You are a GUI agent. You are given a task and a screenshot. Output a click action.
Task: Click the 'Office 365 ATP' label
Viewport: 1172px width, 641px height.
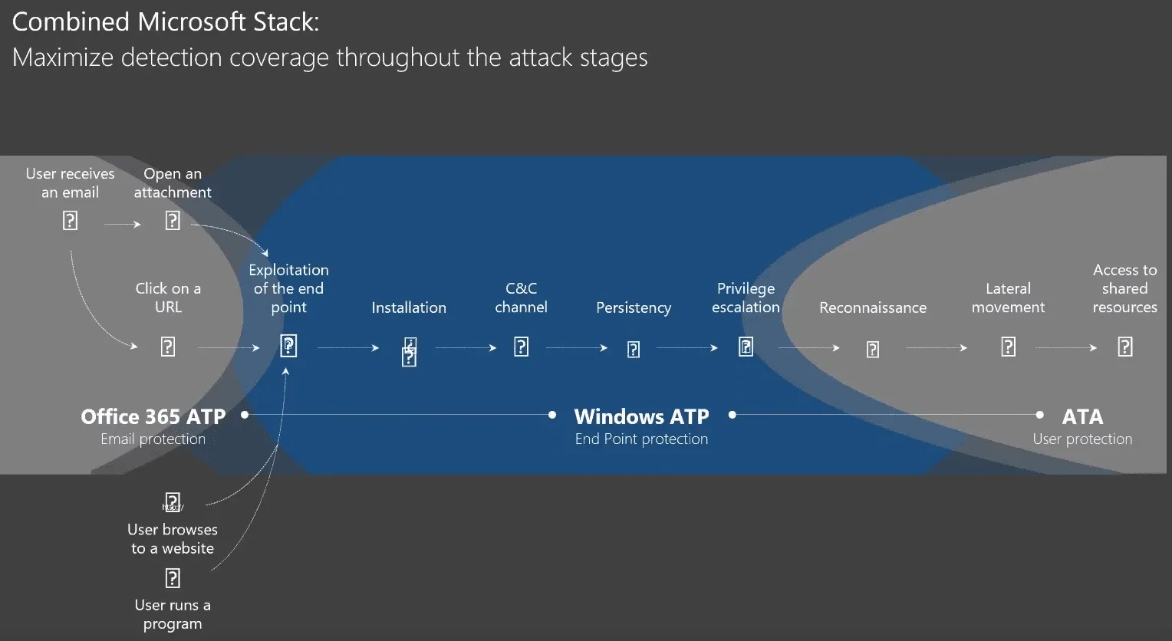pyautogui.click(x=153, y=416)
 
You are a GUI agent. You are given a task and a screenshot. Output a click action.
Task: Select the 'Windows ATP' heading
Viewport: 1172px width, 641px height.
pyautogui.click(x=641, y=416)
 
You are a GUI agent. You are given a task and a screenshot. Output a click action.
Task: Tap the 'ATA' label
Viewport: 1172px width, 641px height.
pyautogui.click(x=1082, y=416)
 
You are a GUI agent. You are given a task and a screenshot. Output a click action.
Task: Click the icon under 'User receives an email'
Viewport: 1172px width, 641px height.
pyautogui.click(x=70, y=221)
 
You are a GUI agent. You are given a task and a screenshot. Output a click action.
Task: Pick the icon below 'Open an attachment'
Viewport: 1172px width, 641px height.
pyautogui.click(x=173, y=221)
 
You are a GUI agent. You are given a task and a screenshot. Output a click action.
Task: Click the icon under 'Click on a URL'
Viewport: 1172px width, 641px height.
pyautogui.click(x=168, y=347)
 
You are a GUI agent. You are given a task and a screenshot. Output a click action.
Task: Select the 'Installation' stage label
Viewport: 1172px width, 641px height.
pyautogui.click(x=409, y=307)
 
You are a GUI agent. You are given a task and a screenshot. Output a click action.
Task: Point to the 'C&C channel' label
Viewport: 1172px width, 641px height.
pyautogui.click(x=521, y=297)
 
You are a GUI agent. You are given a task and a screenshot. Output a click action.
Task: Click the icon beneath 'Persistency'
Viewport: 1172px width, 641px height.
pyautogui.click(x=634, y=350)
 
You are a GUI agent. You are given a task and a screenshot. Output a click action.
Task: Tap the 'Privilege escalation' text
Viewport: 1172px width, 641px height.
pyautogui.click(x=746, y=297)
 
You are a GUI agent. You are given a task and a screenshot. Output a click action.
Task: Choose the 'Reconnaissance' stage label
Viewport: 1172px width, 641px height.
pyautogui.click(x=873, y=307)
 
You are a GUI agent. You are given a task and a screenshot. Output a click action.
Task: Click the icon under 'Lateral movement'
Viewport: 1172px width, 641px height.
pyautogui.click(x=1009, y=347)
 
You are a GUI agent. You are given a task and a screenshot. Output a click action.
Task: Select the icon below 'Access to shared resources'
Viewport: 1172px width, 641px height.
pyautogui.click(x=1125, y=347)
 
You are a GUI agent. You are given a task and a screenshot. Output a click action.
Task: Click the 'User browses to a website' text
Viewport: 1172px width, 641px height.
pyautogui.click(x=173, y=539)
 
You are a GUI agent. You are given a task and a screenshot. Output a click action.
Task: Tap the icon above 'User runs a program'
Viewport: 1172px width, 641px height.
pyautogui.click(x=173, y=577)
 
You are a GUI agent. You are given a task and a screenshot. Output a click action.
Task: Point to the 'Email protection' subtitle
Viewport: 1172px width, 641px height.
pyautogui.click(x=153, y=439)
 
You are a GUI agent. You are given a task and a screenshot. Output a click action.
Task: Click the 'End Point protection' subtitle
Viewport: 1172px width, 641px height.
pyautogui.click(x=641, y=439)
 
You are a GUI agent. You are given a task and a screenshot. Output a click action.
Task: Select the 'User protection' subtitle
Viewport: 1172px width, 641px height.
pyautogui.click(x=1082, y=439)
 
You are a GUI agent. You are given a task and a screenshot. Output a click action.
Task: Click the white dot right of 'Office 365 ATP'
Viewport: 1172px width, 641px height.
pyautogui.click(x=245, y=415)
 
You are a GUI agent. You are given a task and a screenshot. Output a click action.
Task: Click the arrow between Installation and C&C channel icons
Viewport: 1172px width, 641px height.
pyautogui.click(x=466, y=348)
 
